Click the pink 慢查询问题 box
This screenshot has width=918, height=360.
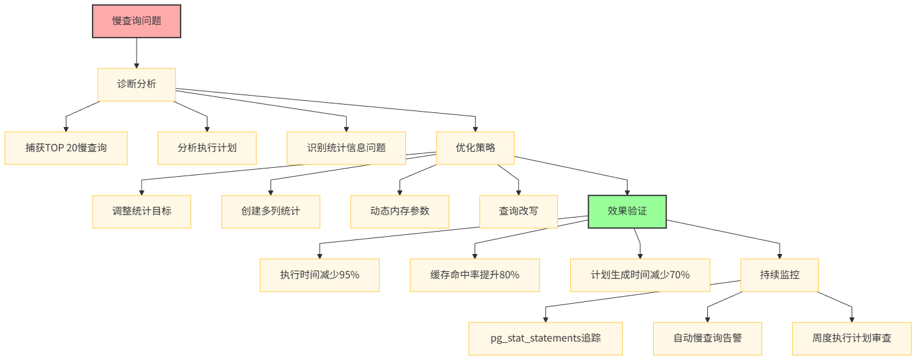point(137,20)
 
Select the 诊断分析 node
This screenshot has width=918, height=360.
point(137,84)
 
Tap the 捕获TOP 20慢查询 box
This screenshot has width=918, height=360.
point(66,148)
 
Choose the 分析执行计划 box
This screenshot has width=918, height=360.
point(207,148)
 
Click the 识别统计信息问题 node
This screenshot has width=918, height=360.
point(347,148)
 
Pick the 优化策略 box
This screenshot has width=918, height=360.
point(476,148)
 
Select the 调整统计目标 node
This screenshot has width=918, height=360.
point(142,211)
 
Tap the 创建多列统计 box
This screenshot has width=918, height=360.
point(271,211)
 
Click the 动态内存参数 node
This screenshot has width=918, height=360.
point(400,211)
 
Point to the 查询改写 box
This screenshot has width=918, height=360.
point(518,211)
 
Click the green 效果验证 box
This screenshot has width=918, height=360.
point(627,211)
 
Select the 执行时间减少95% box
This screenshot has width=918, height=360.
point(319,275)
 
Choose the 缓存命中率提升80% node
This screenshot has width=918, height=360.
point(474,275)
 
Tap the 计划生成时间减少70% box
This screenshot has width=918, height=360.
point(640,275)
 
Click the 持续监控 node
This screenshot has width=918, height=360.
point(779,275)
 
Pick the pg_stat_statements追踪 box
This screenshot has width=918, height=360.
point(545,338)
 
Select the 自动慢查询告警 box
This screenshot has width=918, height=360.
point(707,338)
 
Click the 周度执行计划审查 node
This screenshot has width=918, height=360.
point(852,338)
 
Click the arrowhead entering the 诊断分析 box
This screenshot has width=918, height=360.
point(137,65)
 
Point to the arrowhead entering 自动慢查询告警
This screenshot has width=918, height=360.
point(707,319)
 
